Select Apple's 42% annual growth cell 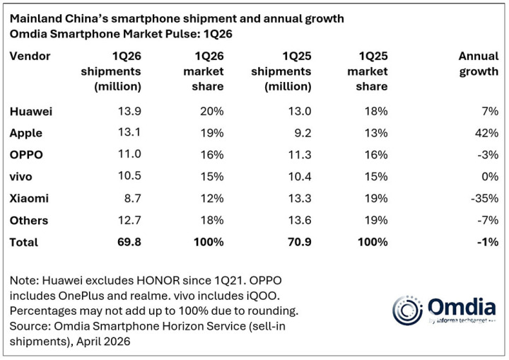point(487,132)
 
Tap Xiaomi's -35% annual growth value point(485,199)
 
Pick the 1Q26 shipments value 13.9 point(129,111)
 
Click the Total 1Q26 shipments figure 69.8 point(129,242)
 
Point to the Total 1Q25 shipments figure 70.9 point(293,242)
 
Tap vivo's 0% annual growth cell point(490,177)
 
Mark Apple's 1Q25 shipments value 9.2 point(297,132)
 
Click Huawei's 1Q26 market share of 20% point(212,111)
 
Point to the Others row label point(30,221)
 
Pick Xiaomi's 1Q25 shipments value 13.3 point(293,199)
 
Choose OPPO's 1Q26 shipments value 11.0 point(129,155)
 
